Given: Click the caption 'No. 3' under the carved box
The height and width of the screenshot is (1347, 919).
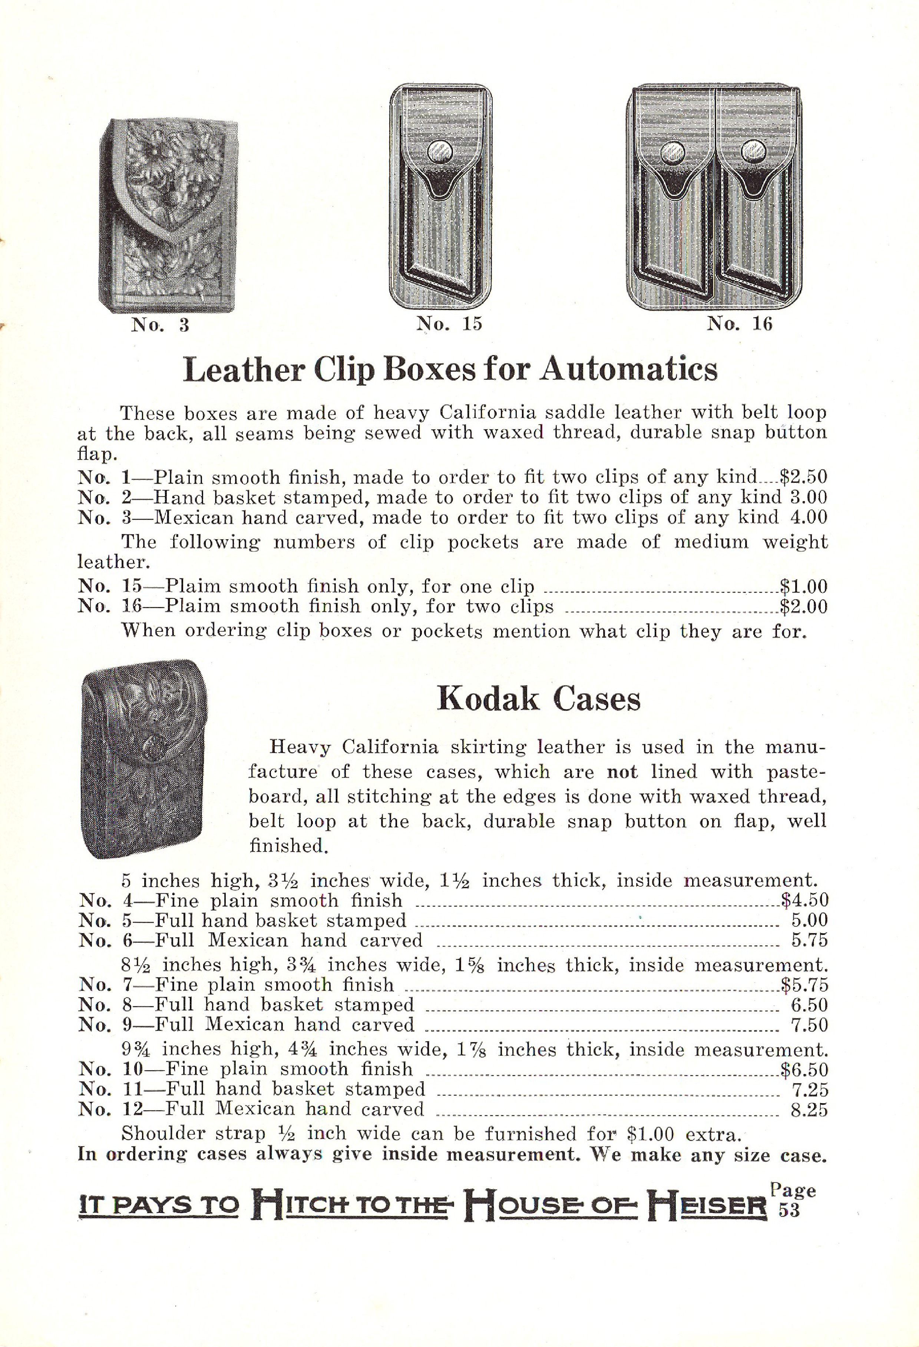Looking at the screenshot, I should pyautogui.click(x=160, y=325).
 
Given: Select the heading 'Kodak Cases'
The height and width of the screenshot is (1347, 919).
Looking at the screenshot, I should pyautogui.click(x=539, y=699).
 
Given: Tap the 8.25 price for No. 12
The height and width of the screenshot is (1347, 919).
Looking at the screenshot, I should pyautogui.click(x=809, y=1109).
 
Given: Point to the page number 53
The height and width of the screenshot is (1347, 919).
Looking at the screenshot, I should pyautogui.click(x=789, y=1211).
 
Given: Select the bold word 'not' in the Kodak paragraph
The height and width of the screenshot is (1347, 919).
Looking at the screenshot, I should pyautogui.click(x=622, y=772).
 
